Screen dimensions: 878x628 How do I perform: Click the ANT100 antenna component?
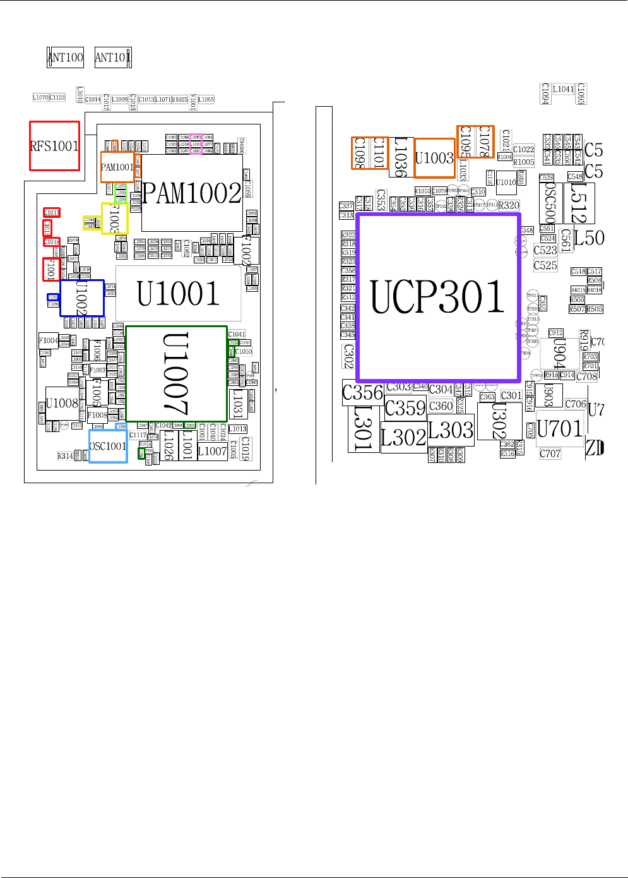pos(66,57)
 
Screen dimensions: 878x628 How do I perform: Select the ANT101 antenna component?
pos(112,57)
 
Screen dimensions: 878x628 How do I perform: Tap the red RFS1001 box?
pos(55,146)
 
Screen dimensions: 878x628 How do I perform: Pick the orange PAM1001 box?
pos(117,167)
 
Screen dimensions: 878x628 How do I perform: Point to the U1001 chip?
pos(178,294)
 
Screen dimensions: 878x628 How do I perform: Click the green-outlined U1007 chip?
pos(177,374)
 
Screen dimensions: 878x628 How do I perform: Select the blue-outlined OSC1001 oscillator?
pos(108,446)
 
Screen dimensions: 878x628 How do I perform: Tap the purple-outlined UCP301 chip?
pos(438,297)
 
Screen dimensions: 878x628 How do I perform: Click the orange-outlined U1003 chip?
pos(434,158)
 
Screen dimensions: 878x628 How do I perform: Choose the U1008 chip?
pos(62,403)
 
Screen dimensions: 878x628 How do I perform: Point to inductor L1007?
pos(212,451)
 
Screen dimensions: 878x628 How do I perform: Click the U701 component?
pos(559,429)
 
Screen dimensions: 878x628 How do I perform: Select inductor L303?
pos(451,430)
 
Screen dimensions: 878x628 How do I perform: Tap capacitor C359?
pos(405,408)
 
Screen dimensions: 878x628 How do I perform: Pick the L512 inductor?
pos(579,203)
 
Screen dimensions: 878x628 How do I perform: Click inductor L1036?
pos(401,157)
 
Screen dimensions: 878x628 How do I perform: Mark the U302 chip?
pos(499,421)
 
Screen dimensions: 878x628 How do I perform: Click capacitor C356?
pos(362,393)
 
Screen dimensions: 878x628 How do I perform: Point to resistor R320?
pos(509,205)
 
